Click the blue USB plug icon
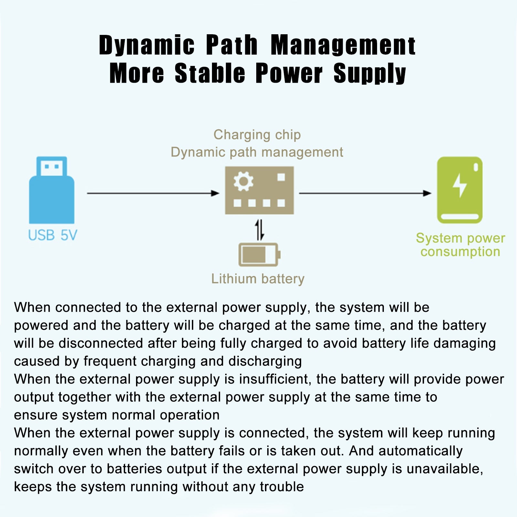(52, 191)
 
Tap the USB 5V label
(52, 235)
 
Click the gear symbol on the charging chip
(243, 182)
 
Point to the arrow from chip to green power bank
(365, 193)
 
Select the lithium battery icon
(259, 255)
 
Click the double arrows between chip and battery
(259, 230)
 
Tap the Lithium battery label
(258, 279)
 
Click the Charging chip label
(257, 135)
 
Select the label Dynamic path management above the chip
(257, 152)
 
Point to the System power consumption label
(460, 245)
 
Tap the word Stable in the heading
(210, 73)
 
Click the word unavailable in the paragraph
(445, 469)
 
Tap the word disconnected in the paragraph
(101, 343)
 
